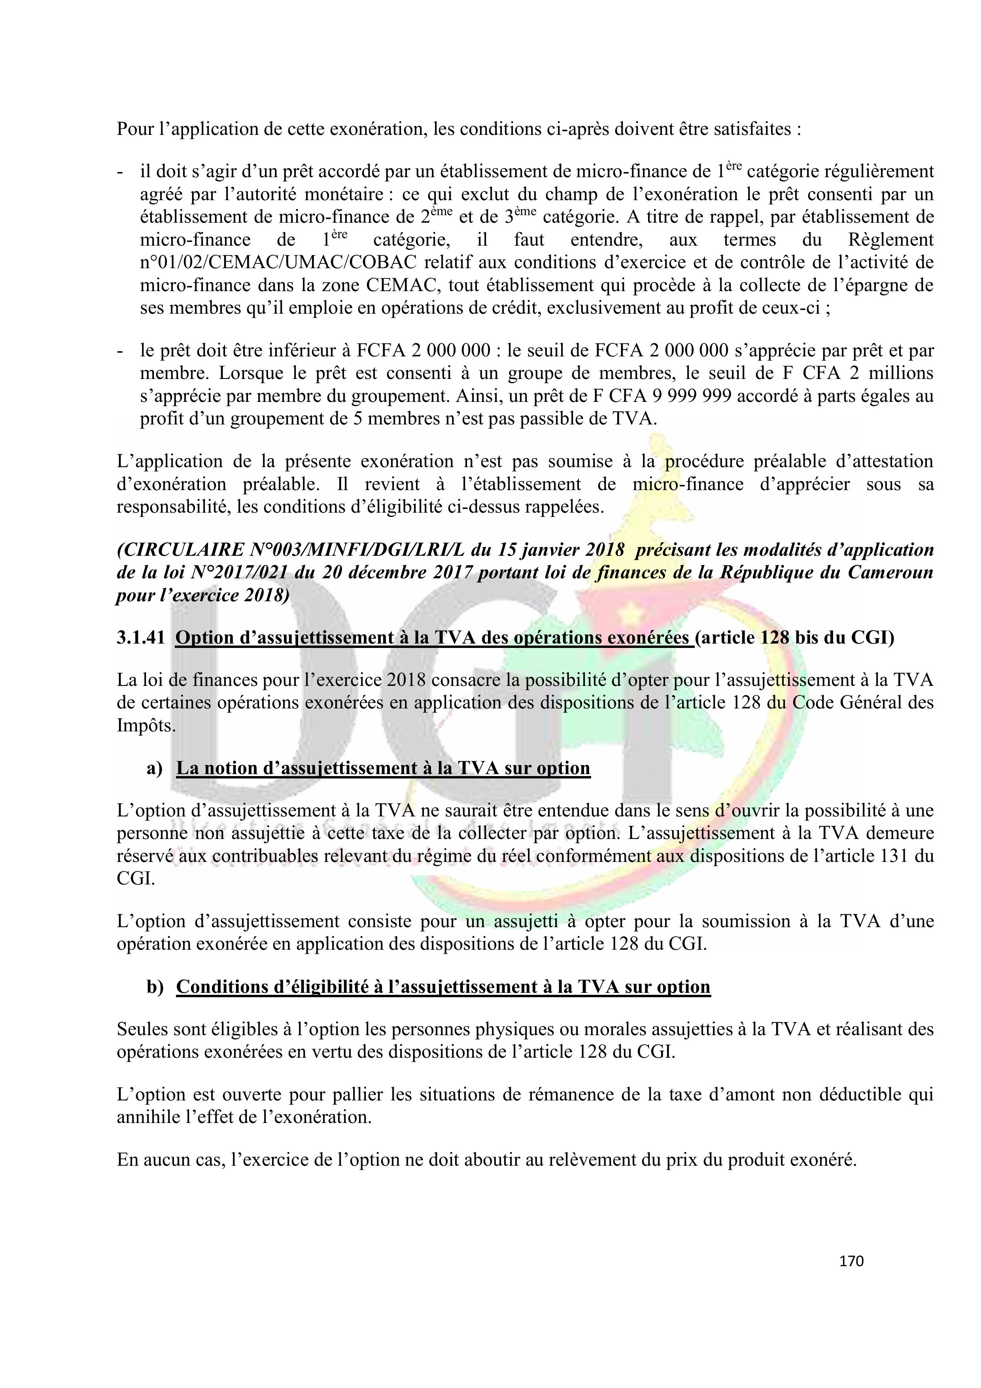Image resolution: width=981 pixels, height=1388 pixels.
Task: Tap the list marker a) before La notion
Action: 154,768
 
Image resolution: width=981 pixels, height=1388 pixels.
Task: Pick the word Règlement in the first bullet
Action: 891,240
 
